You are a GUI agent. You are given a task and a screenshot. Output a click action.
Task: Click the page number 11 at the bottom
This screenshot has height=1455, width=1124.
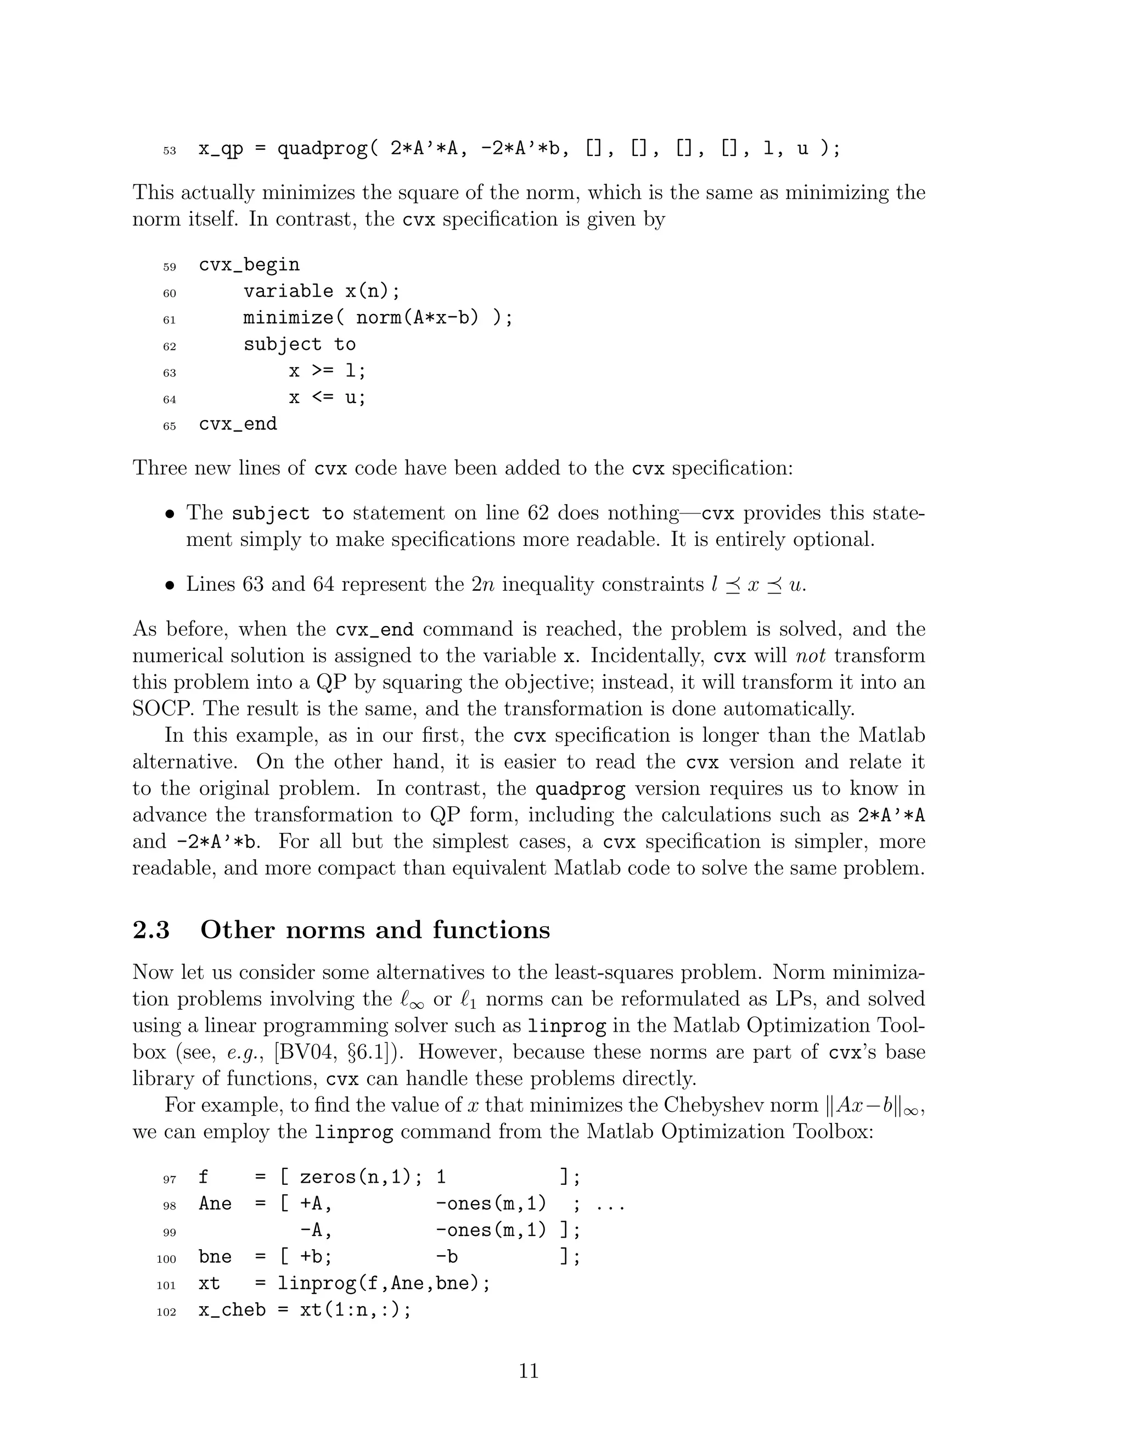tap(528, 1370)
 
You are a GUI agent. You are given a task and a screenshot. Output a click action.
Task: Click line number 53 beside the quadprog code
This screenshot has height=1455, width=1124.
tap(169, 151)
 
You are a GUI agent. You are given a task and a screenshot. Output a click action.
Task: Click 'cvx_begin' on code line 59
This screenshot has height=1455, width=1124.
tap(249, 265)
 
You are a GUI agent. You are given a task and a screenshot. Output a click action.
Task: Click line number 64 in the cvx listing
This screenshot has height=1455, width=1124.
tap(169, 400)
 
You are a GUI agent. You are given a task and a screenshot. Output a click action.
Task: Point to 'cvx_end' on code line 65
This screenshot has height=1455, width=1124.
tap(238, 424)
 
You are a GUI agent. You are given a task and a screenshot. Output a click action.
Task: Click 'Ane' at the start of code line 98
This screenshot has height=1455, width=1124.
tap(215, 1204)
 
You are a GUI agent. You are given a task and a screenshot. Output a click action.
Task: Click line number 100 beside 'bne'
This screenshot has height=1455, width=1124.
tap(166, 1259)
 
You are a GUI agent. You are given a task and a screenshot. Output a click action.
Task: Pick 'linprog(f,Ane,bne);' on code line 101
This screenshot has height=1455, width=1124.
tap(384, 1283)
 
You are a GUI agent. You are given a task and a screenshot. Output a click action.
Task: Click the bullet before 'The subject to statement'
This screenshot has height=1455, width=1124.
tap(171, 514)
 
